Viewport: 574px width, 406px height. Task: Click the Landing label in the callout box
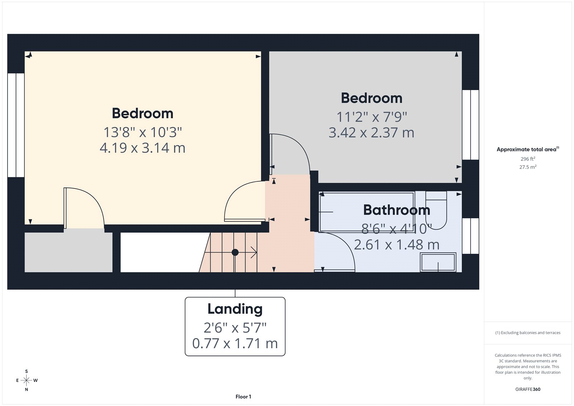point(235,309)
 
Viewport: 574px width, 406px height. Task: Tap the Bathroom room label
point(396,210)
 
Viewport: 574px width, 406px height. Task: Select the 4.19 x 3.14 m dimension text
point(142,148)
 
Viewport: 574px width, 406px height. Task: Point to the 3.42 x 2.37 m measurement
point(371,133)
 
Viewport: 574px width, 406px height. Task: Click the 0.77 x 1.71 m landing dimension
point(235,344)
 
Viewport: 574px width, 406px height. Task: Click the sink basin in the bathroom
point(438,262)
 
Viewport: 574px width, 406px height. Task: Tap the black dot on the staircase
point(235,252)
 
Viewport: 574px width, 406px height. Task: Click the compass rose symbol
point(27,380)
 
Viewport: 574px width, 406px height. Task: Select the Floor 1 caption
point(243,397)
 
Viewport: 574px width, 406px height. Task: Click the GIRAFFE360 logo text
point(528,389)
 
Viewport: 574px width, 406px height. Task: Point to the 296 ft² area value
point(528,159)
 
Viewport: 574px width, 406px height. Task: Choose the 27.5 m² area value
point(528,167)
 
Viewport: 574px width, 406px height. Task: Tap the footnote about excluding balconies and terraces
point(528,333)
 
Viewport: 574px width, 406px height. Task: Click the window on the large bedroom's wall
point(16,125)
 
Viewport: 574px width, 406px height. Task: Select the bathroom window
point(470,236)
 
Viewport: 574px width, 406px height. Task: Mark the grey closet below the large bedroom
point(68,252)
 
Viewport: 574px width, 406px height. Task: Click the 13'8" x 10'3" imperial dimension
point(142,132)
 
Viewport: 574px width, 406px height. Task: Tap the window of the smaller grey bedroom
point(470,125)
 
